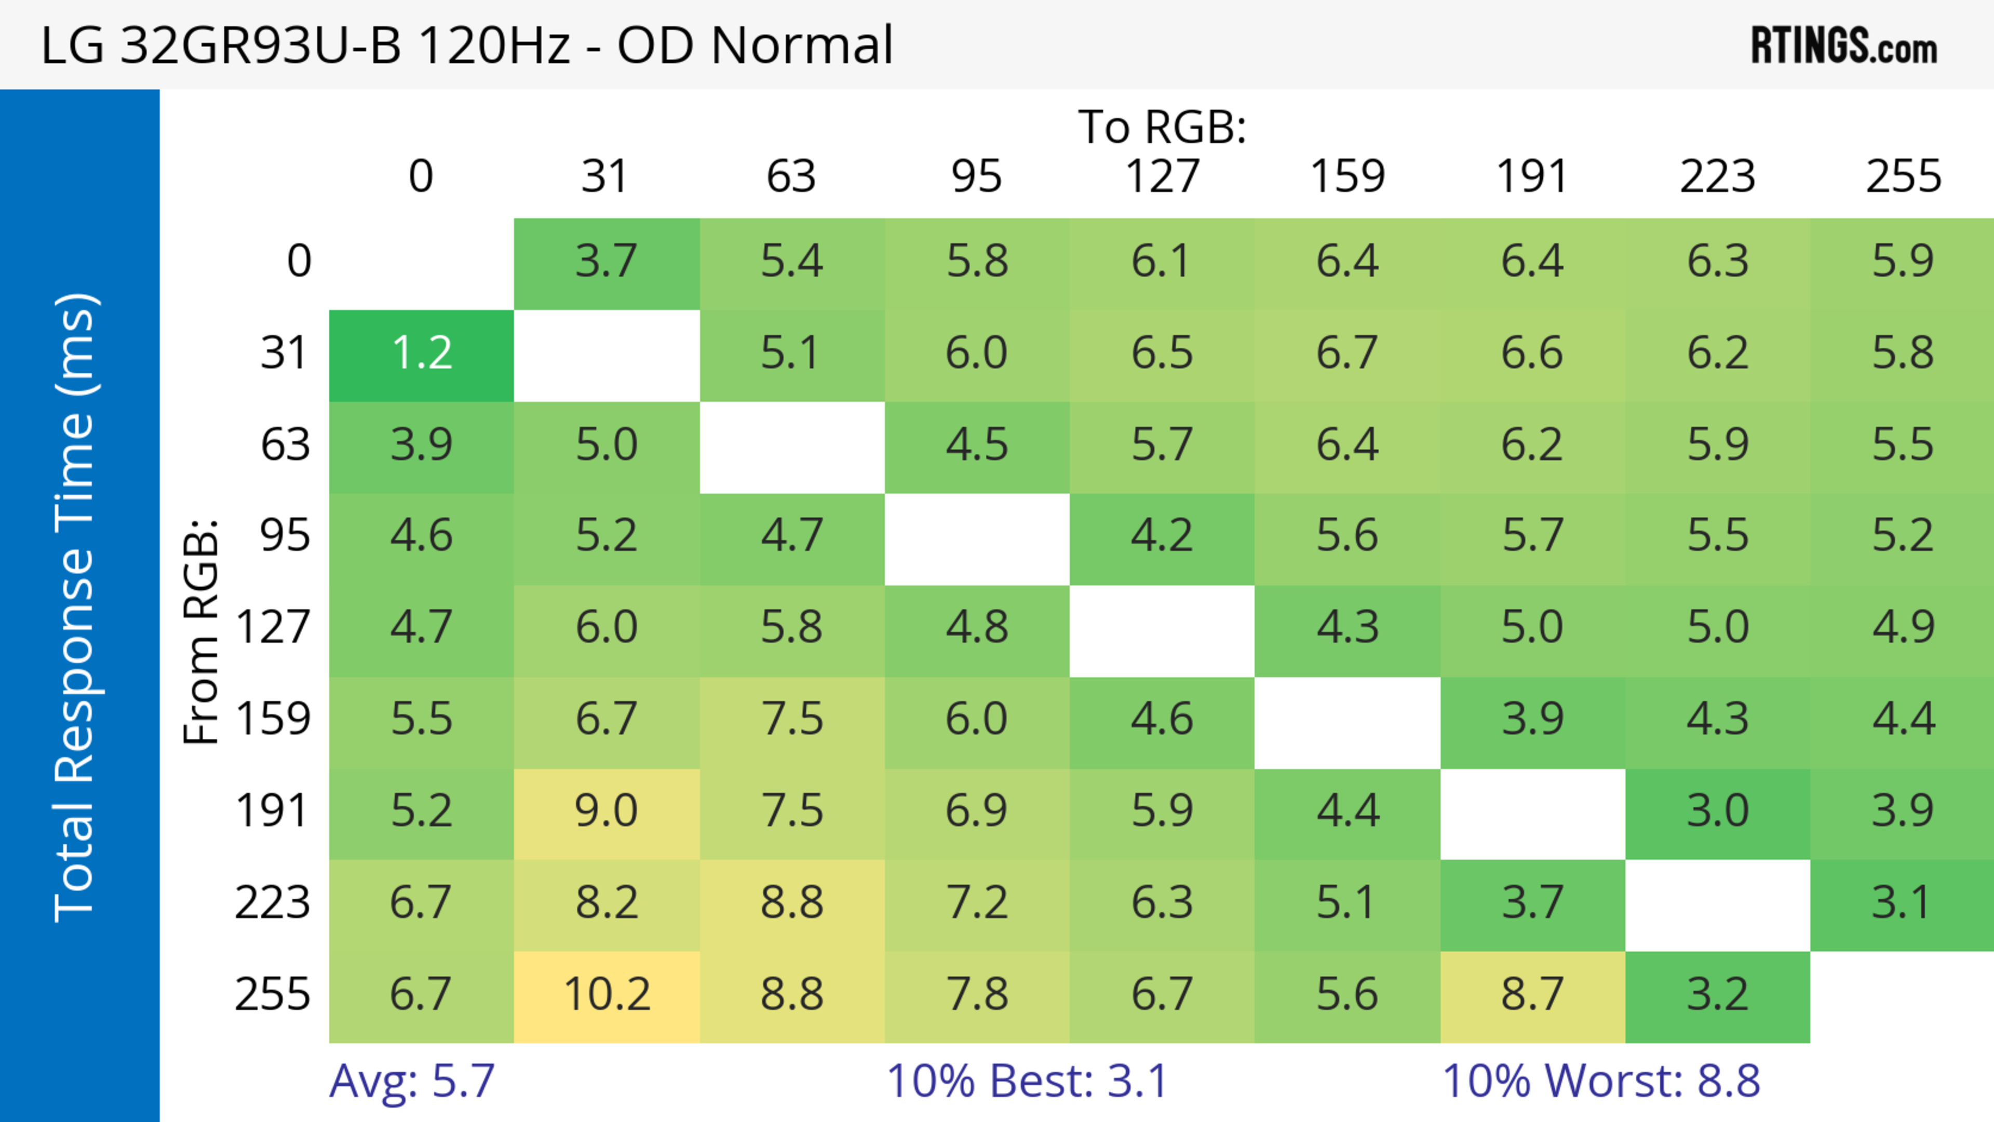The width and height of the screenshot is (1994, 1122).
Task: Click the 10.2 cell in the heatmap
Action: pos(607,995)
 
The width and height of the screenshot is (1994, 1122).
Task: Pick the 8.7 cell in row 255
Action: pos(1533,995)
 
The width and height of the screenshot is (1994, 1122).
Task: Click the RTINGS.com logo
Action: pos(1844,46)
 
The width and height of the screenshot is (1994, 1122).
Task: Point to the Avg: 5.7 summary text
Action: pos(412,1081)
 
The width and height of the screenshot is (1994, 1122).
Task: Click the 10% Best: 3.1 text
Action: pos(1027,1081)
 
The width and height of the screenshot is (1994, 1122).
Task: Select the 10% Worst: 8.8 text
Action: pos(1601,1081)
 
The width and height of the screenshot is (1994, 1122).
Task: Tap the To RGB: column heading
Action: pos(1162,127)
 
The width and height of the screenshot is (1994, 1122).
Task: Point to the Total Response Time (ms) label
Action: pos(76,607)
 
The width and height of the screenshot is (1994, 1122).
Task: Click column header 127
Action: pos(1162,177)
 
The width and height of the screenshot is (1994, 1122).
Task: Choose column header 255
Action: pos(1903,177)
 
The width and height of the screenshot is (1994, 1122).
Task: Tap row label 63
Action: pos(286,445)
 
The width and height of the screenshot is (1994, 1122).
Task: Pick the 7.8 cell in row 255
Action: pos(977,995)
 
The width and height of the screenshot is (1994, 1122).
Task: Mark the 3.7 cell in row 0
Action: pos(607,262)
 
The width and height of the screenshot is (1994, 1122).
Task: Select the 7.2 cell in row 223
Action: pos(977,903)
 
